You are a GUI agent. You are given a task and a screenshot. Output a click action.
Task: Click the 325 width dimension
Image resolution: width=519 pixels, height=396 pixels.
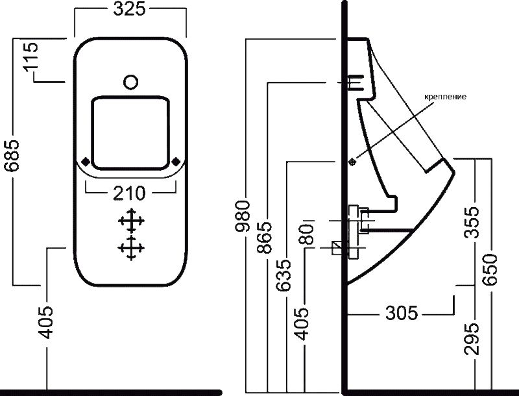[130, 9]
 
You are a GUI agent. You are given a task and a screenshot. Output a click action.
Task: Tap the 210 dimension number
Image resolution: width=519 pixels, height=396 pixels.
[130, 192]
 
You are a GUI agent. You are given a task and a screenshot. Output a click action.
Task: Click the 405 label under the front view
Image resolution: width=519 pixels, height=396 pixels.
[46, 322]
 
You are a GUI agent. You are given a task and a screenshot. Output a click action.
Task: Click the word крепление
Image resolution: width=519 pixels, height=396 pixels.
[445, 97]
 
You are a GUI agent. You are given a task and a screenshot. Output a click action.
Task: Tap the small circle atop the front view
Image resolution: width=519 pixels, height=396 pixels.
[130, 82]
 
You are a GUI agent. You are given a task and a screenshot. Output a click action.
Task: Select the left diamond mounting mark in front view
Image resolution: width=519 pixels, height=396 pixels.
[86, 161]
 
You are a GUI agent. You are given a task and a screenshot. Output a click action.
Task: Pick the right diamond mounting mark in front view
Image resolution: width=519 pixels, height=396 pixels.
[176, 161]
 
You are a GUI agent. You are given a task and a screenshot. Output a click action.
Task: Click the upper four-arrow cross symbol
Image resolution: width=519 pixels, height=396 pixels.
[130, 221]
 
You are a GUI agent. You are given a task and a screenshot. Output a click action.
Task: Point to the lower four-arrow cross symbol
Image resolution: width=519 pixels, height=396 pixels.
[130, 248]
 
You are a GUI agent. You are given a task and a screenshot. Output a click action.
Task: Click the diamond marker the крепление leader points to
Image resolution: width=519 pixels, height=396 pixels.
[352, 160]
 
